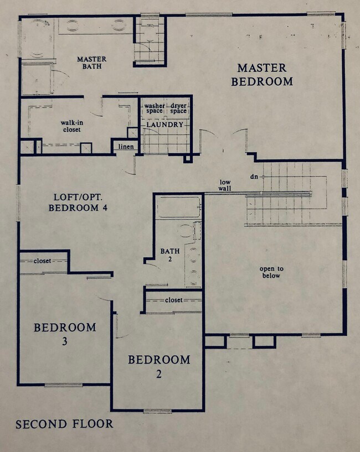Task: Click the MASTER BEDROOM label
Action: (x=262, y=75)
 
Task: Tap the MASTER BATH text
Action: (x=92, y=63)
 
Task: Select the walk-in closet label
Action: (x=71, y=126)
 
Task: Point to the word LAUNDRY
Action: (x=164, y=125)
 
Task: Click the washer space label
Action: (x=155, y=108)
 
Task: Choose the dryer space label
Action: (x=178, y=108)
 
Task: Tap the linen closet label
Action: (x=125, y=147)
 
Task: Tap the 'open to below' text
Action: (x=270, y=272)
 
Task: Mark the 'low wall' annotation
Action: (x=225, y=185)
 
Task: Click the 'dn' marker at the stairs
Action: (x=254, y=176)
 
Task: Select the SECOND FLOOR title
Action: (x=64, y=424)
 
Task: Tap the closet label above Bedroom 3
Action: (x=43, y=261)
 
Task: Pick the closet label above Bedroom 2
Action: (x=173, y=300)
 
